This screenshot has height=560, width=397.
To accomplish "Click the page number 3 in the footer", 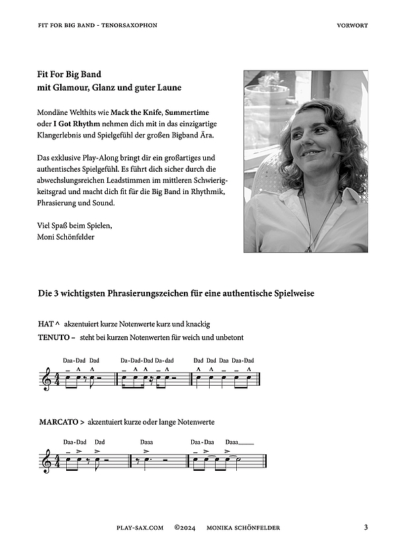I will coord(366,527).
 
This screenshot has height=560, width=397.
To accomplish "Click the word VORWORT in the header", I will coord(352,25).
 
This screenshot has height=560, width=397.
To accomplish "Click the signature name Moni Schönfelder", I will coord(66,236).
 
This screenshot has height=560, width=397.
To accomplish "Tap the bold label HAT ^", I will coord(50,324).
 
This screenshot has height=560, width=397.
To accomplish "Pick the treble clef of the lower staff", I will coord(46,461).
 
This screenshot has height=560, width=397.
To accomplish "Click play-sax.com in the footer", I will coord(140,528).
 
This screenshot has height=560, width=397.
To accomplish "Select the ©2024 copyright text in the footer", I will coord(186,528).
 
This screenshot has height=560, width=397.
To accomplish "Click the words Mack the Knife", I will coord(137,112).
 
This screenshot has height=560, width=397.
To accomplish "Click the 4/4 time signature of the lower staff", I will coord(56,461).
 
